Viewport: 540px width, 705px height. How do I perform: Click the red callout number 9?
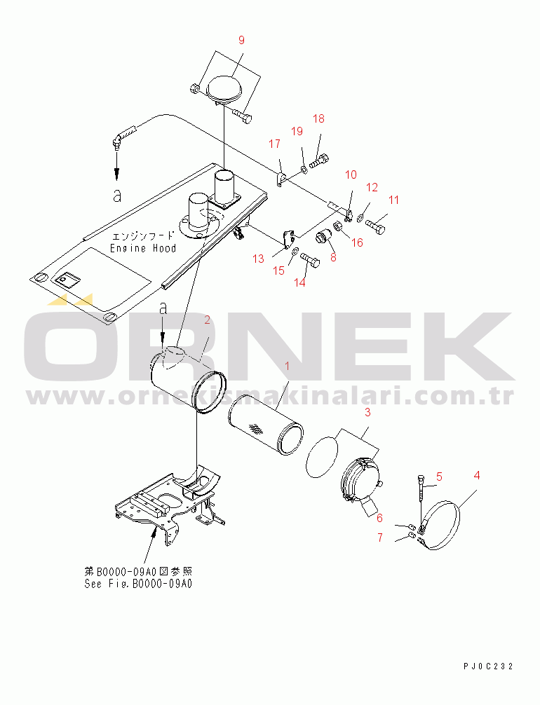(x=242, y=41)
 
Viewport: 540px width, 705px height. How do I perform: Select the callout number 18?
(x=318, y=118)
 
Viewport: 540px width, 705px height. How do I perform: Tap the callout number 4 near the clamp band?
(x=477, y=475)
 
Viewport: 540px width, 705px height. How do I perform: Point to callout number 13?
(x=258, y=259)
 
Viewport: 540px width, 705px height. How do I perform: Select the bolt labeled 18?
(x=319, y=160)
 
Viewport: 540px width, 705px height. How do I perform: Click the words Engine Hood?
(x=143, y=248)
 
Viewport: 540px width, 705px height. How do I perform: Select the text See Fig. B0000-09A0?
(x=138, y=584)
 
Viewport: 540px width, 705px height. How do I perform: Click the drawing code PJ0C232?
(x=488, y=666)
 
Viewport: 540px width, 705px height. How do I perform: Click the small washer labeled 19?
(x=304, y=170)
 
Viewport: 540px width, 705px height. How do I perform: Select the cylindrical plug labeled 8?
(x=323, y=235)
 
